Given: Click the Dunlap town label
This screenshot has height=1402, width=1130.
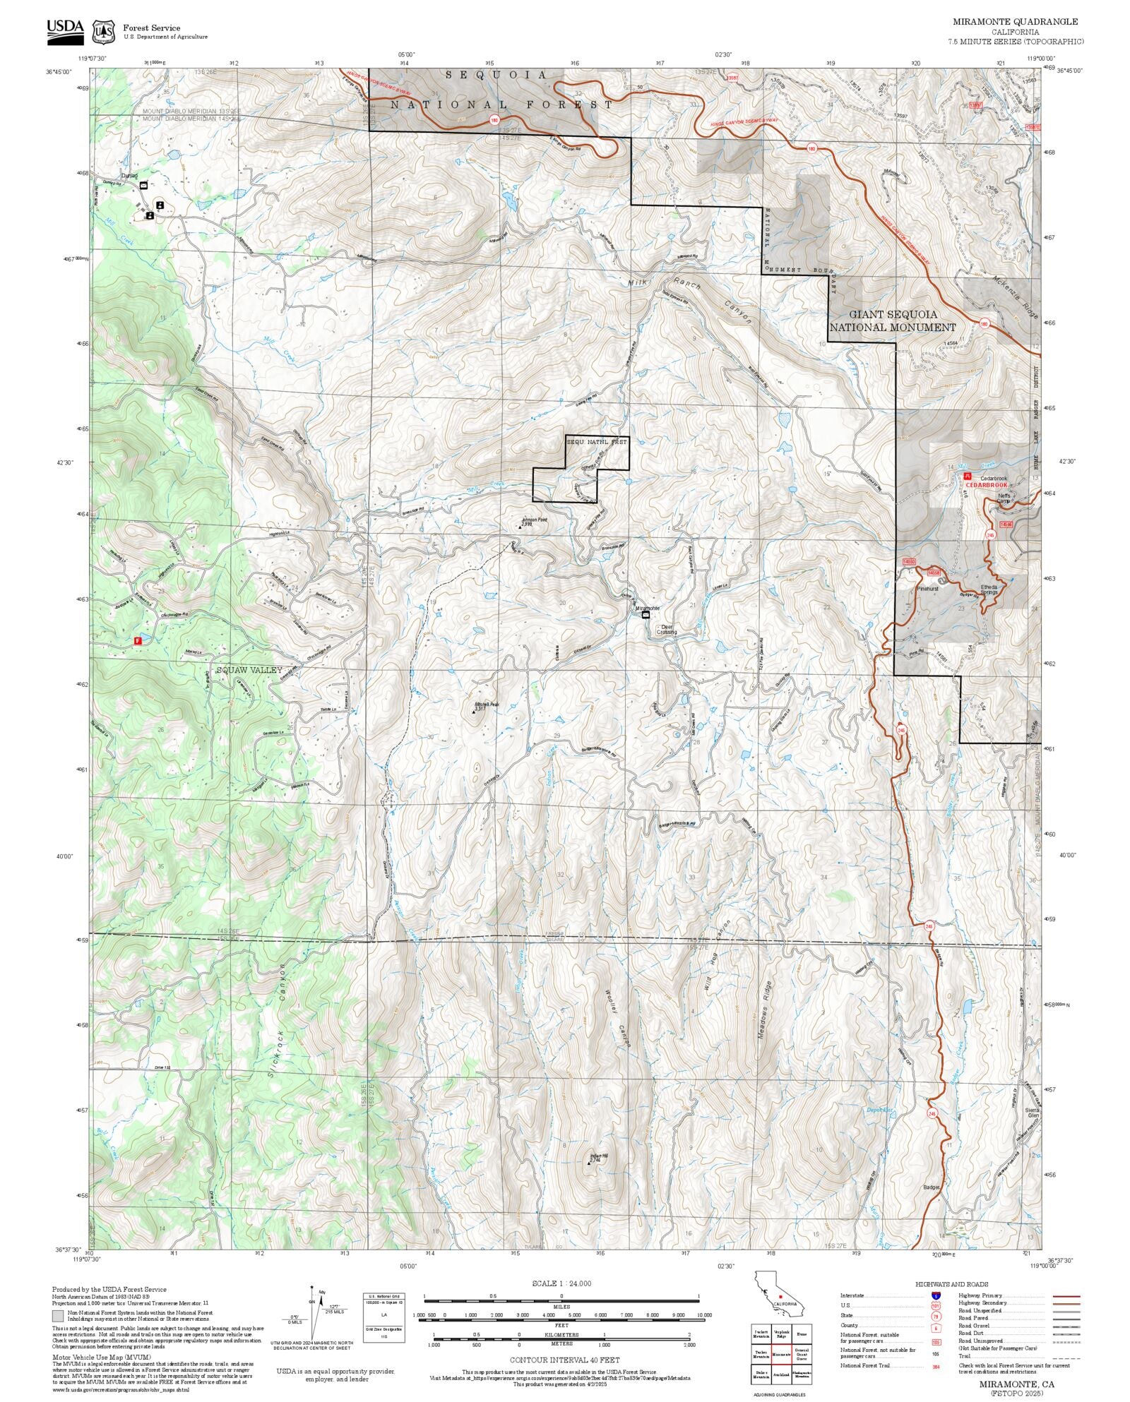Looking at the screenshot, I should [129, 176].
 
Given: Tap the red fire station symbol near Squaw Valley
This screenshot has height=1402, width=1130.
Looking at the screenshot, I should [138, 641].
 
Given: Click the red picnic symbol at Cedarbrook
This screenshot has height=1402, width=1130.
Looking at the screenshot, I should [968, 477].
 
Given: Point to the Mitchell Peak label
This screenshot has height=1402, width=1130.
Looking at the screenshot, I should [487, 705].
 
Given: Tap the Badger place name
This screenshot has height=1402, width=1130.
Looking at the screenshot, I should [932, 1187].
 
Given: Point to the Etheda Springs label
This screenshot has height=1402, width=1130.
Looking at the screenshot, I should [989, 589].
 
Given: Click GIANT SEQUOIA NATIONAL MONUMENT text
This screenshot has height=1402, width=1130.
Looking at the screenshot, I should [893, 320].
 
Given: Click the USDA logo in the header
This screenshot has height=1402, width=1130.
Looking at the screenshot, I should [65, 32].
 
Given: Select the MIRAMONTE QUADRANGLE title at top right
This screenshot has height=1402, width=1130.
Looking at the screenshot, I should [1015, 21].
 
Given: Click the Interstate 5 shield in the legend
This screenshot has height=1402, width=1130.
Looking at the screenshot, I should [935, 1296].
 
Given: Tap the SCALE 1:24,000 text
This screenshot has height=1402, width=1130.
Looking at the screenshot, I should [561, 1283].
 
